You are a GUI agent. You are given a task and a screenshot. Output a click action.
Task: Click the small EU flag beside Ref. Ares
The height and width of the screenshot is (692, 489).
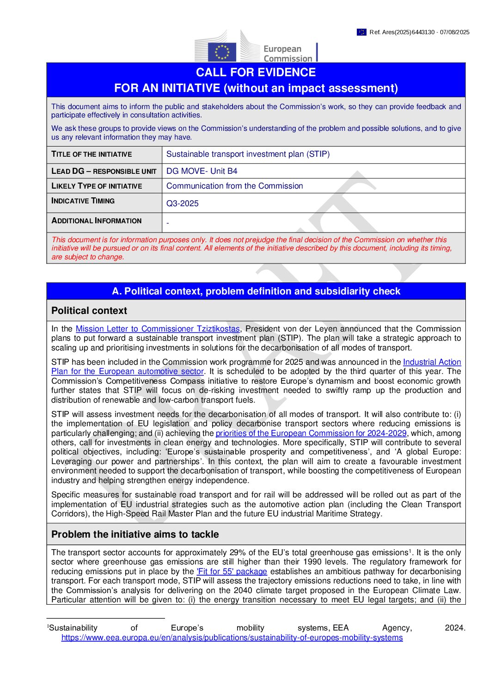pos(361,32)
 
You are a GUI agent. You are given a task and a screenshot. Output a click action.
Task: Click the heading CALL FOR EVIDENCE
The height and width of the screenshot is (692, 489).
pos(256,73)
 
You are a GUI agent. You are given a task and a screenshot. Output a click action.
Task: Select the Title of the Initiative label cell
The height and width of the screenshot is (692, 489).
pos(92,154)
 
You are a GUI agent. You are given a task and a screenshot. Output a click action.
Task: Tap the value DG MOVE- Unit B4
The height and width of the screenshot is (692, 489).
pos(202,171)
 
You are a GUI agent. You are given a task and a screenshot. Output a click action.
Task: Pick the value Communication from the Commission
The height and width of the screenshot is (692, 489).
pos(234,186)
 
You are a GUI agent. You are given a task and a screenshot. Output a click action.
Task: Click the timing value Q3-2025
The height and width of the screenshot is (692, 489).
pos(182,203)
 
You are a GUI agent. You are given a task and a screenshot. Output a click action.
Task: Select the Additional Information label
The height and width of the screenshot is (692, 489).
pos(96,221)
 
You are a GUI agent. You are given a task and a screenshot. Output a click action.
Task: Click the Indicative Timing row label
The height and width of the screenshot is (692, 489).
pos(83,201)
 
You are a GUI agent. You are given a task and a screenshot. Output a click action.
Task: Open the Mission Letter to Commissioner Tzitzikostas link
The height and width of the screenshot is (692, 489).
pos(158,329)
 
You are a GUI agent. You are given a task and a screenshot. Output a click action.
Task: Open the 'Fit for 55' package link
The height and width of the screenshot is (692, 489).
pos(232,571)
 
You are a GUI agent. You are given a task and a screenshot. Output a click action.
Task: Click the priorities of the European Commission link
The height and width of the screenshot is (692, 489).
pos(311,433)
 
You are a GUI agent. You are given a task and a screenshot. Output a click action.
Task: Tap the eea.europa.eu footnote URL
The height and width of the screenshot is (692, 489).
pos(232,637)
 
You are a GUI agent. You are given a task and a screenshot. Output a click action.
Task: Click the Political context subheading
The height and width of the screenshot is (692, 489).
pos(89,311)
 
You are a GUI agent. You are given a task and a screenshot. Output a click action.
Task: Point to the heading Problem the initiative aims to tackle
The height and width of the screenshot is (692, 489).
pos(135,534)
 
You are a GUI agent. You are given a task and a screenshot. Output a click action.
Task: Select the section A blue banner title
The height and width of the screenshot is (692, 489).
pos(256,291)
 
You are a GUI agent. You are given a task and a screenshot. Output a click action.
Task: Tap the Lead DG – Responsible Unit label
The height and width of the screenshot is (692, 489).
pos(104,171)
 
